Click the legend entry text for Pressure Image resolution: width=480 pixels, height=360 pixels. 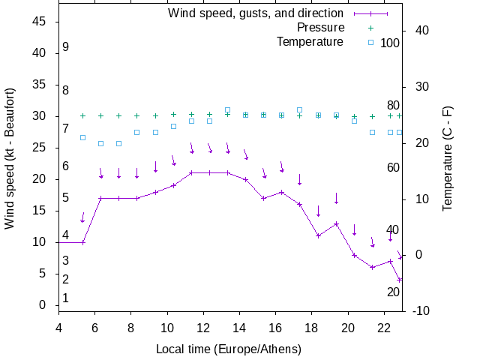point(320,28)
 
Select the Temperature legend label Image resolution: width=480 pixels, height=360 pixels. point(310,41)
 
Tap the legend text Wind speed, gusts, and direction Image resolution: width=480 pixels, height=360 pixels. point(255,13)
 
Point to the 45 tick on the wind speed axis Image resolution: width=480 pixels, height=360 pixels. point(40,22)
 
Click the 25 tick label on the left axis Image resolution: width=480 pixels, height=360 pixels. point(40,148)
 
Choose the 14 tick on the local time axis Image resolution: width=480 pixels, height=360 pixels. point(239,327)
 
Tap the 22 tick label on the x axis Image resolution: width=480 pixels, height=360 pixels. point(384,327)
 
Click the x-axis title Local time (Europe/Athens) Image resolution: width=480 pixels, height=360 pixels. point(228,349)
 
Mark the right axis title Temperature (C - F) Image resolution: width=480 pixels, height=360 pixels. point(448,158)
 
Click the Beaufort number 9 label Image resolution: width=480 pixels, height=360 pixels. point(66,47)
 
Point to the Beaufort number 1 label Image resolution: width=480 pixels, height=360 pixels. point(66,298)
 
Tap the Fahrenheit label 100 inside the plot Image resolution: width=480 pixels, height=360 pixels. point(390,43)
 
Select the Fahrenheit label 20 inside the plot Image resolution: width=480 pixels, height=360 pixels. point(393,292)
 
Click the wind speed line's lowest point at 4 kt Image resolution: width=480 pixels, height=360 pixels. point(400,280)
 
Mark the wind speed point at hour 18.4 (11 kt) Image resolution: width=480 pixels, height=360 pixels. point(318,235)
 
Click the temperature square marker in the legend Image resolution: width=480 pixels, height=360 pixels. point(370,42)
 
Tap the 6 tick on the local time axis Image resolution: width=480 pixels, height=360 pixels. point(94,327)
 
